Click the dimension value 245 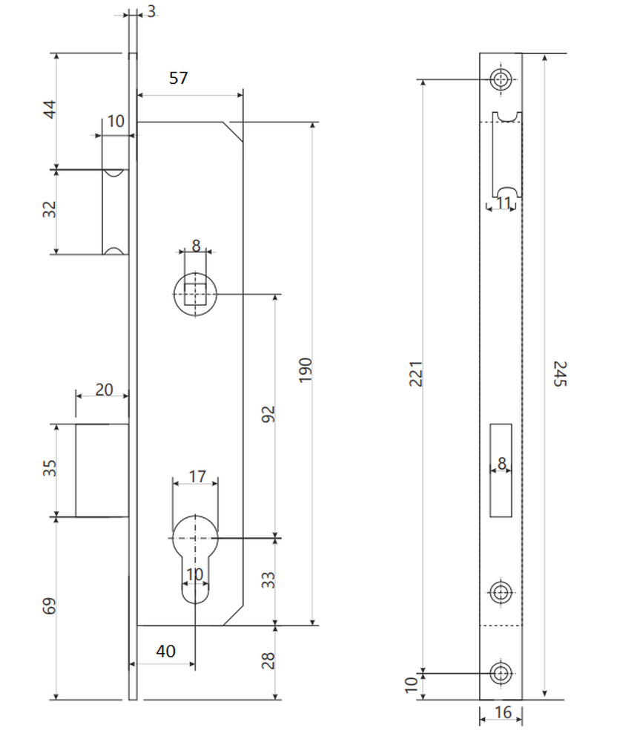[x=559, y=373]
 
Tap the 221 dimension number [x=415, y=373]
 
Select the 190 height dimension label [x=306, y=370]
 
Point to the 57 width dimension [x=178, y=78]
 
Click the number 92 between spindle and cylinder [x=268, y=414]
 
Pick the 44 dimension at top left [x=50, y=109]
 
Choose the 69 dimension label [x=49, y=606]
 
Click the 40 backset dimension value [x=165, y=651]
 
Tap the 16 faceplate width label [x=502, y=712]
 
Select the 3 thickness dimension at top [x=151, y=11]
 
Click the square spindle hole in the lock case [x=195, y=294]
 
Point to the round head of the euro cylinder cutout [x=195, y=537]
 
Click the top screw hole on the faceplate [x=501, y=79]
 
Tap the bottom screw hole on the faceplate [x=501, y=673]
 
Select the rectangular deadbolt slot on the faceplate [x=501, y=470]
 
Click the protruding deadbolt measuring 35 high [x=102, y=470]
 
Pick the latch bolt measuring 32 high [x=116, y=211]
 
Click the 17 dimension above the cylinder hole [x=197, y=476]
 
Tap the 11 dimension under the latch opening [x=503, y=203]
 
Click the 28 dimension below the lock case [x=268, y=660]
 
